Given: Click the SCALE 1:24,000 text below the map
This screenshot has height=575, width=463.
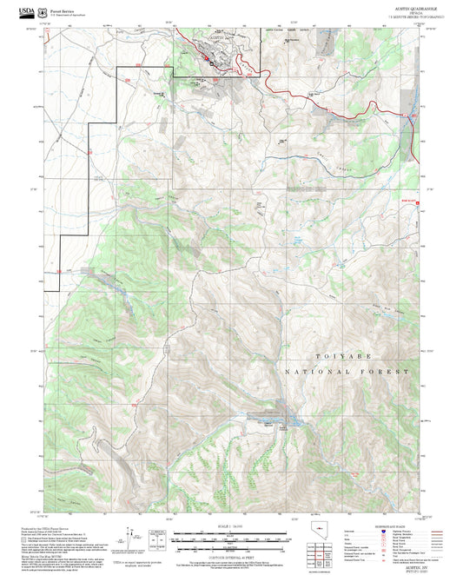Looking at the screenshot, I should pos(230,525).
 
